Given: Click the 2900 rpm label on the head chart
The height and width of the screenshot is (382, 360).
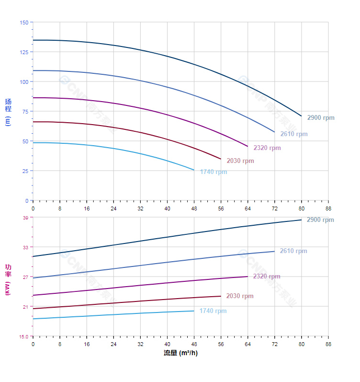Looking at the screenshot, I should coord(321,118).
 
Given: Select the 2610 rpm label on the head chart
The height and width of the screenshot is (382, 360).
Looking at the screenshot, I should coord(294,134).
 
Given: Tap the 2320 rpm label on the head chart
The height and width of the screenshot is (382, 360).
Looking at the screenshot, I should coord(267,148).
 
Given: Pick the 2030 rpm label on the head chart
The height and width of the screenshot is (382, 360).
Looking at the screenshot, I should coord(240,161).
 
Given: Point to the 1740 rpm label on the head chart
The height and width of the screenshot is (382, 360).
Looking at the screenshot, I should coord(214,172).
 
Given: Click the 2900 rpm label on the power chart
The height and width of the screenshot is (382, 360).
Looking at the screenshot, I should coord(321,220).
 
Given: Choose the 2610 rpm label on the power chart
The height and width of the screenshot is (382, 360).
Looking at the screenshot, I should coord(293,251).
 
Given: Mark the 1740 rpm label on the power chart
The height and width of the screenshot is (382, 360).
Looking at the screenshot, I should coord(213,311).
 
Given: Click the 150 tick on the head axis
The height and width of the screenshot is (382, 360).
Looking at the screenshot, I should coord(24,23).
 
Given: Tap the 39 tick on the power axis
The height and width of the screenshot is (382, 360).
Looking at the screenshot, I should coord(25,218).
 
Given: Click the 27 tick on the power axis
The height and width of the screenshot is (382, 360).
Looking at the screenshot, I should coord(25,277).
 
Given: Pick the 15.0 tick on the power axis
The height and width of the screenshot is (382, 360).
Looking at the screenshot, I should coord(23,336).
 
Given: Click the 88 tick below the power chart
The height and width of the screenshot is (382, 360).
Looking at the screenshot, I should coord(328,344).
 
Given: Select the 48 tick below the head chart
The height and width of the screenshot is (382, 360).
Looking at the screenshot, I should coord(194,208).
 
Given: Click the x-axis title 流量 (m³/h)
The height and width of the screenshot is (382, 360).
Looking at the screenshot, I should coord(180,353).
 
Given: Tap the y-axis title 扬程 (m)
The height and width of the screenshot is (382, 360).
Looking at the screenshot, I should coord(8,112).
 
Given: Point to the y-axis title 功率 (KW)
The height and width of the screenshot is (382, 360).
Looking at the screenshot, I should coord(8,279).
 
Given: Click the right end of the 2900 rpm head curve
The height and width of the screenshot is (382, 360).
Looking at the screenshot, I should coord(301,116).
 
